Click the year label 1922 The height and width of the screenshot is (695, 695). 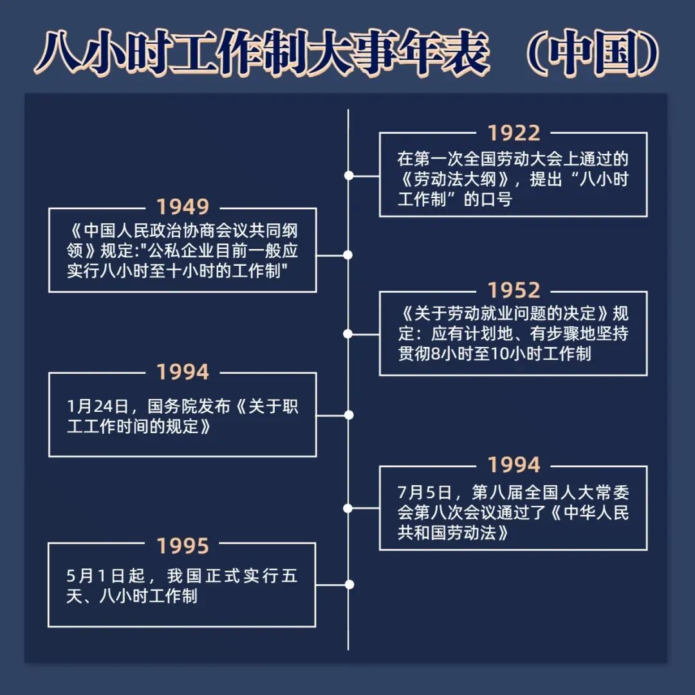(513, 133)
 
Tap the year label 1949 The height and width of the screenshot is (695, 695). (183, 207)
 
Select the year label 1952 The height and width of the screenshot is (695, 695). (513, 291)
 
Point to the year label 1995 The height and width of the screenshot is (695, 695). (183, 546)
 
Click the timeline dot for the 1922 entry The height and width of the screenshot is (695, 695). (349, 175)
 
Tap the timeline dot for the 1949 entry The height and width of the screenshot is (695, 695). (348, 255)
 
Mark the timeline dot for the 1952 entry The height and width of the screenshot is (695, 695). (348, 334)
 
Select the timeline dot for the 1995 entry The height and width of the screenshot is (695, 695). (349, 584)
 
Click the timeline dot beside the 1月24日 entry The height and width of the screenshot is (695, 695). (349, 415)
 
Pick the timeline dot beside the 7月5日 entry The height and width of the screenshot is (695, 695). (348, 508)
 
